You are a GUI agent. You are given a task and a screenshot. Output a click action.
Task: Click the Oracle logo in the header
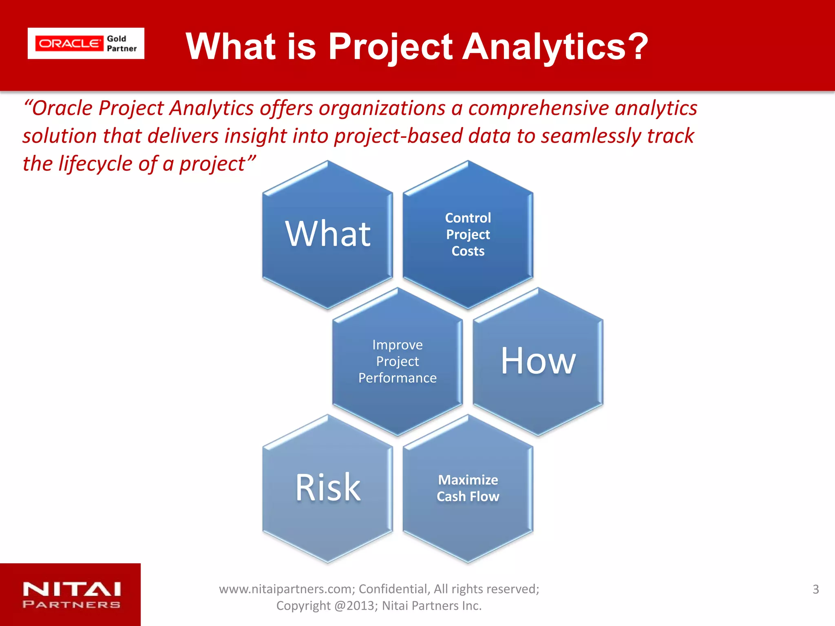point(69,44)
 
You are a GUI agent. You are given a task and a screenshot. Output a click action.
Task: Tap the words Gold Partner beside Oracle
point(121,44)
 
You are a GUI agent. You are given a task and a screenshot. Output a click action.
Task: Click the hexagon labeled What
point(328,234)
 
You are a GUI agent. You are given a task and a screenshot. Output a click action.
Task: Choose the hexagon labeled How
point(538,361)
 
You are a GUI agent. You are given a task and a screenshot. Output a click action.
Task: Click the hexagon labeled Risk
point(328,488)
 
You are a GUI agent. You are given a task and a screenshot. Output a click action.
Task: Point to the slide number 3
point(815,589)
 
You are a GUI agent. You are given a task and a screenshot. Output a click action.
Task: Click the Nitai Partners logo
point(72,595)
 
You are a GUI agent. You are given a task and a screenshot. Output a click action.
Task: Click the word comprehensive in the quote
point(539,108)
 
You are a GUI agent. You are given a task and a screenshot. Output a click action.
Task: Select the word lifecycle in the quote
point(95,164)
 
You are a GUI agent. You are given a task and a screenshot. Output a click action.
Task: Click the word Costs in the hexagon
point(468,251)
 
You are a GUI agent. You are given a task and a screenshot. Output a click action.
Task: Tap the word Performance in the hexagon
point(398,378)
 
